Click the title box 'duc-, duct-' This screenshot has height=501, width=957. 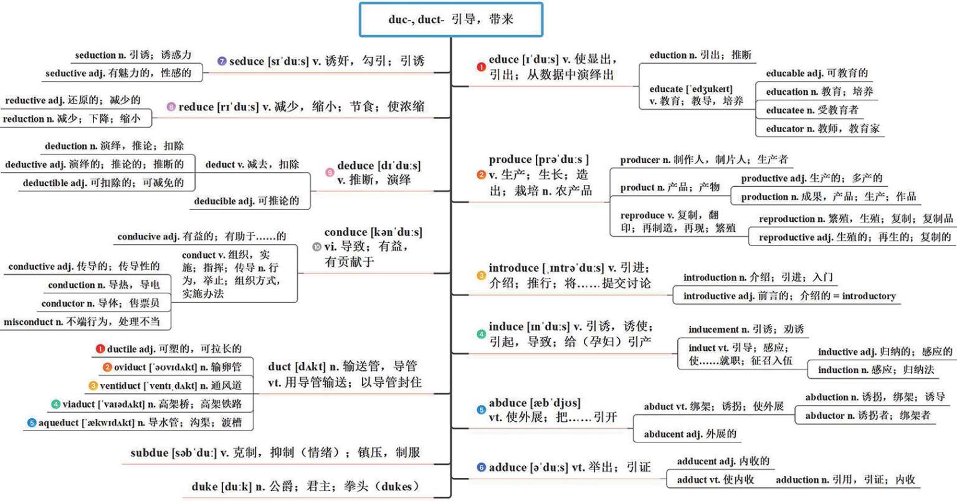(450, 19)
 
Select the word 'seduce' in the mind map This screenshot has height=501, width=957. (247, 61)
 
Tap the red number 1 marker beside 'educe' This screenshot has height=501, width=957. (481, 67)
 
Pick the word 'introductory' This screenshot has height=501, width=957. (869, 296)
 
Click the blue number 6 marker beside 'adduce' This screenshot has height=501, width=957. (481, 467)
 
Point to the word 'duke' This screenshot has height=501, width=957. (204, 487)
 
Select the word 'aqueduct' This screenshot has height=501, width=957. (59, 422)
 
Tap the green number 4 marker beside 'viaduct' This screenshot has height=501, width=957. (55, 404)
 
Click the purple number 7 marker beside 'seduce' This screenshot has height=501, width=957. (221, 61)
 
